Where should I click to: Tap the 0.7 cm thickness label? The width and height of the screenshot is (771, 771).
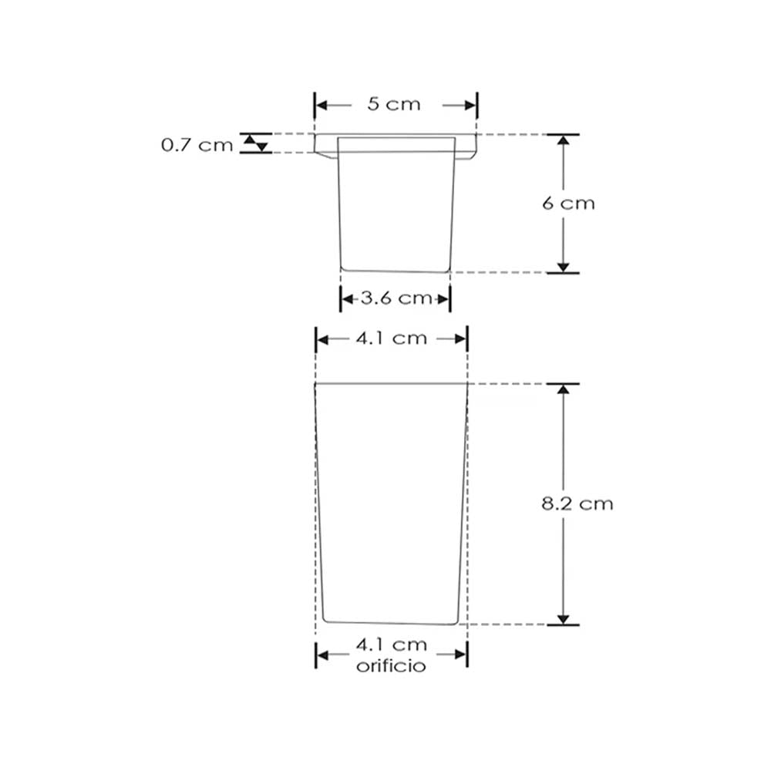197,144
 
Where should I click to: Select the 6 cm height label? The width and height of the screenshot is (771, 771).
568,204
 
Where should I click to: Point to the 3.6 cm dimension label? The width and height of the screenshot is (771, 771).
395,298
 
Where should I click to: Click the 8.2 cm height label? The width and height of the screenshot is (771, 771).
577,504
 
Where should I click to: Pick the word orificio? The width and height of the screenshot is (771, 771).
391,667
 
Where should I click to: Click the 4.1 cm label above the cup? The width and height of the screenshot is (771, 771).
392,338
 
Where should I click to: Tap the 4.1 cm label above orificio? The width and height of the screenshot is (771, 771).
392,645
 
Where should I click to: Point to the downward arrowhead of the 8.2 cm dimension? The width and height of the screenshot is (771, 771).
564,618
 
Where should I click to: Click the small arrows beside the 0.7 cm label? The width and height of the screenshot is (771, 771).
256,143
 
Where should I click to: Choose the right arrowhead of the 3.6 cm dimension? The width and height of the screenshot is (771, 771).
444,298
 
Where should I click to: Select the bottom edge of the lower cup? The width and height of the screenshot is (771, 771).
391,623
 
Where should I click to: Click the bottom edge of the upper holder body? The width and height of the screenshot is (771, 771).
395,271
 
